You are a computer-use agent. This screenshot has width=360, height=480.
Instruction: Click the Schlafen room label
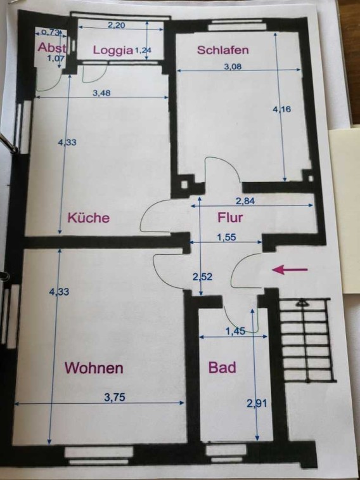click(222, 50)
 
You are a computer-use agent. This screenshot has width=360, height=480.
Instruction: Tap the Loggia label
click(113, 50)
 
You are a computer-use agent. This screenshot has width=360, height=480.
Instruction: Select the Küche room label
click(89, 217)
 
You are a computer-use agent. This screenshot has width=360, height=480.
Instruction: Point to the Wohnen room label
click(94, 368)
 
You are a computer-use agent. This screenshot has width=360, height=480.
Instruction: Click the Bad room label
click(222, 367)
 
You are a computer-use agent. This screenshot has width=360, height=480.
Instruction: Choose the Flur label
click(230, 217)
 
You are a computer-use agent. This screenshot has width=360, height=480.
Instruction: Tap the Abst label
click(52, 48)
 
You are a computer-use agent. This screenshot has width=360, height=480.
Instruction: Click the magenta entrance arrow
click(290, 269)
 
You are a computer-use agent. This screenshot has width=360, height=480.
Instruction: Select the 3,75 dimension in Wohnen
click(115, 398)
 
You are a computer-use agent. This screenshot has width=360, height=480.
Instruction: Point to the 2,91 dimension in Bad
click(257, 403)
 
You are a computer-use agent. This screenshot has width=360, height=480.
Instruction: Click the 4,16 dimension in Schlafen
click(281, 109)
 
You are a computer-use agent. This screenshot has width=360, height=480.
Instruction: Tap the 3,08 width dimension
click(233, 66)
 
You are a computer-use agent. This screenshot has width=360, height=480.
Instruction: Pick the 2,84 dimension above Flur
click(245, 201)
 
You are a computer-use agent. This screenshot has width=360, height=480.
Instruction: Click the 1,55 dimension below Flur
click(227, 237)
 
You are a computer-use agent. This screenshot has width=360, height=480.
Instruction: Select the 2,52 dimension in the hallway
click(202, 276)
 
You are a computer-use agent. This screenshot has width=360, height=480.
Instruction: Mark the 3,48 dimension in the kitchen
click(101, 93)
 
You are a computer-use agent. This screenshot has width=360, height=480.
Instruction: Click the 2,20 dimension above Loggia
click(116, 25)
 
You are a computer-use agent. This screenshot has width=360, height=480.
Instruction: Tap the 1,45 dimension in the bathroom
click(235, 331)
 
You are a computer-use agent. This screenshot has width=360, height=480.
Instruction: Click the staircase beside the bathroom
click(306, 340)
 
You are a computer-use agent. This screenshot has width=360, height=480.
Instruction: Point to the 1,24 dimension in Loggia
click(143, 50)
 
